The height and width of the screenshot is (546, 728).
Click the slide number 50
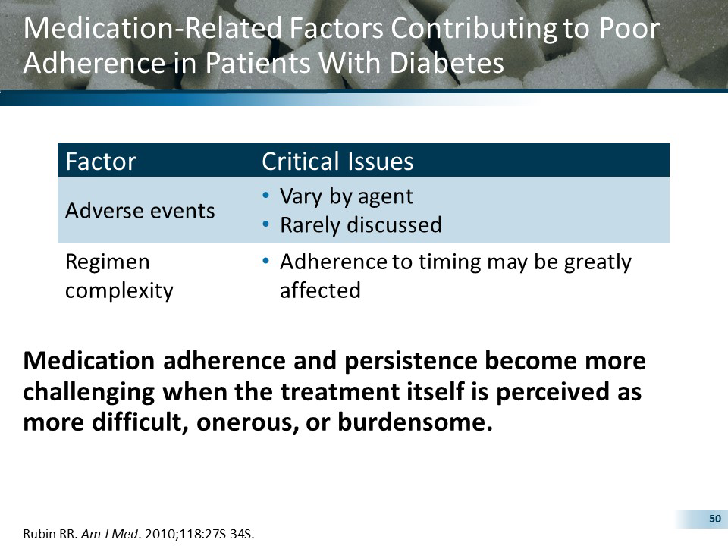pyautogui.click(x=714, y=519)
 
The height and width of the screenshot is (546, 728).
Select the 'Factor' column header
pyautogui.click(x=101, y=162)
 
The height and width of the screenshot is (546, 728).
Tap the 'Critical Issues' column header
pyautogui.click(x=337, y=162)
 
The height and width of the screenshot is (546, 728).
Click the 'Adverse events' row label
pyautogui.click(x=140, y=210)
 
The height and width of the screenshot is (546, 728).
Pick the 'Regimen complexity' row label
pyautogui.click(x=119, y=276)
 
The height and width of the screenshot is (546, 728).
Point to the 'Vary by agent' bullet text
pyautogui.click(x=347, y=196)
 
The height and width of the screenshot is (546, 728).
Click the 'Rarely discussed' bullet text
pyautogui.click(x=360, y=225)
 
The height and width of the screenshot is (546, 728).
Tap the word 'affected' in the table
pyautogui.click(x=320, y=290)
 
